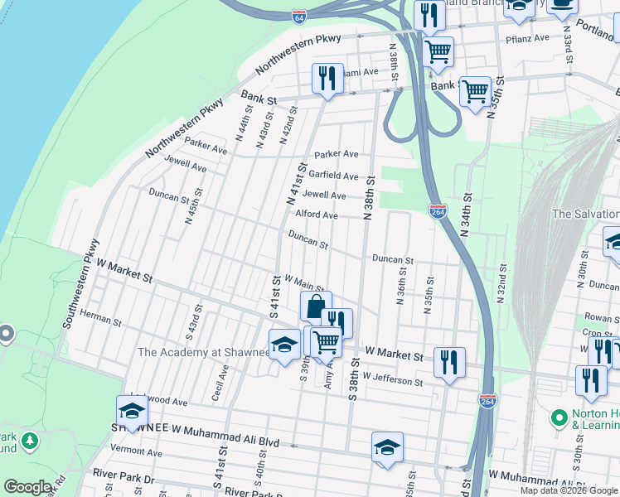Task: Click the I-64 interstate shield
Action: (x=298, y=17)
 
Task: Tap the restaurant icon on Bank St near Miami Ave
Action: (x=325, y=79)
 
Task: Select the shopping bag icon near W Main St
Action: (x=315, y=306)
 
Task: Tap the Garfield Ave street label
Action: (x=333, y=176)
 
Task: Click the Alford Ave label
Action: (x=317, y=215)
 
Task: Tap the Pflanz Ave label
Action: (x=528, y=38)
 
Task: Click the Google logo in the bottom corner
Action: (x=27, y=487)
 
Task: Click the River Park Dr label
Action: (x=124, y=478)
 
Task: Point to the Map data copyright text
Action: (x=568, y=490)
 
